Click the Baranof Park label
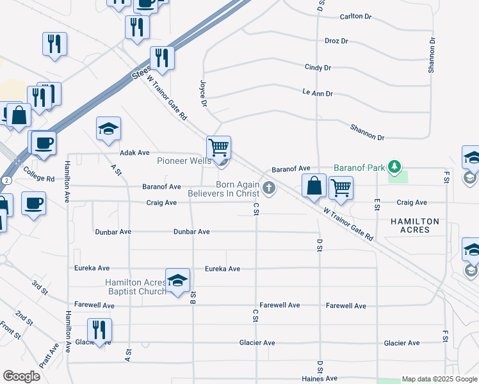coord(359,168)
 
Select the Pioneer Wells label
coord(184,161)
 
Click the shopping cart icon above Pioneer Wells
coord(219,147)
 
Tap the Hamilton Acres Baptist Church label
coord(135,287)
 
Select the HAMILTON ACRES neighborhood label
coord(415,226)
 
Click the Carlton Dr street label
coord(355,17)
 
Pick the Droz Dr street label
coord(336,41)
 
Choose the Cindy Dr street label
coord(318,67)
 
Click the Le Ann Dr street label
coord(318,93)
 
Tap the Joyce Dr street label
coord(204,93)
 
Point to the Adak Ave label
coord(134,153)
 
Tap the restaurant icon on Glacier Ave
coord(99,330)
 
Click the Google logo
coord(21,376)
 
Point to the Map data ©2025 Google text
coord(439,380)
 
